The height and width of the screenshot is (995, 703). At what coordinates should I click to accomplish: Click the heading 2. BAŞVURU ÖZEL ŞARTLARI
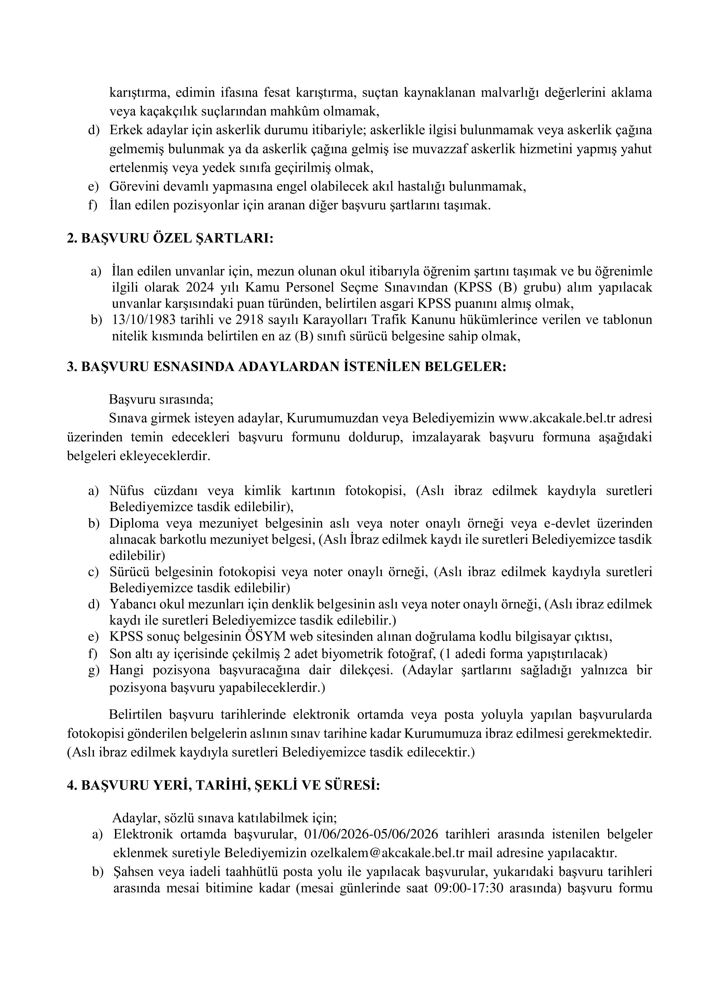point(170,239)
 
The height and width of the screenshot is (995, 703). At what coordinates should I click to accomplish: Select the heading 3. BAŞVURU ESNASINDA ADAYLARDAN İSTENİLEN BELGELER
point(286,367)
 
